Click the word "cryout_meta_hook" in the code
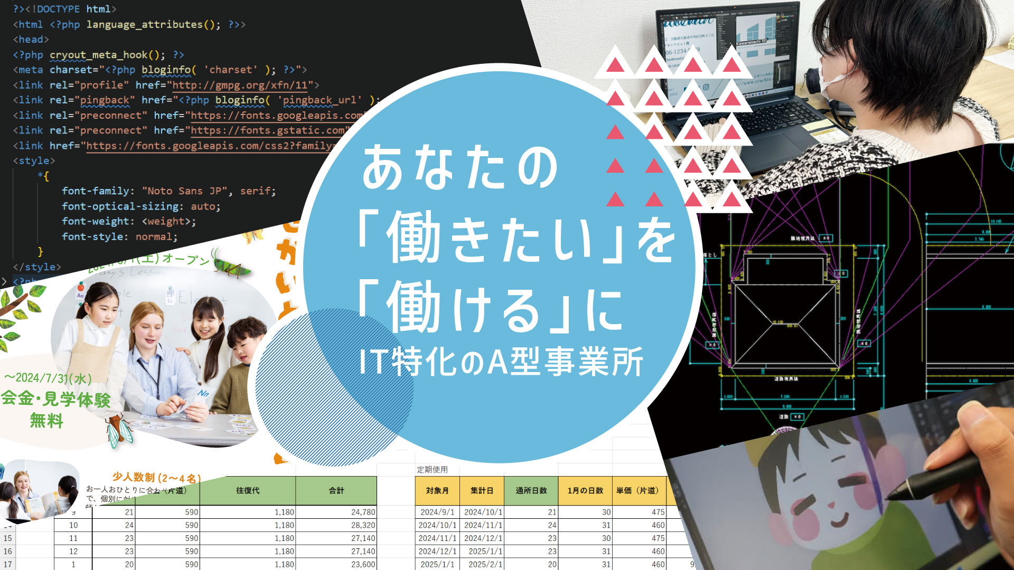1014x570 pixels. pos(99,55)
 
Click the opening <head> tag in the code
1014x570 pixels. pos(31,40)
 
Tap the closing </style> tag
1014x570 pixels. pos(37,267)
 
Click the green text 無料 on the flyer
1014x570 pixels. pos(46,421)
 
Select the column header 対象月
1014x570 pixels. pos(437,491)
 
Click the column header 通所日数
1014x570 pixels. pos(531,491)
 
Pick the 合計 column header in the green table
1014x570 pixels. pos(336,491)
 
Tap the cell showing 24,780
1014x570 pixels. pos(363,512)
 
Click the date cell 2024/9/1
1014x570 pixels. pos(437,512)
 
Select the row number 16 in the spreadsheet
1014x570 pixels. pos(7,552)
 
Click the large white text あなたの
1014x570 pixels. pos(459,168)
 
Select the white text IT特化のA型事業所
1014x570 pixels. pos(501,363)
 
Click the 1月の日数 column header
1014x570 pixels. pos(585,491)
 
